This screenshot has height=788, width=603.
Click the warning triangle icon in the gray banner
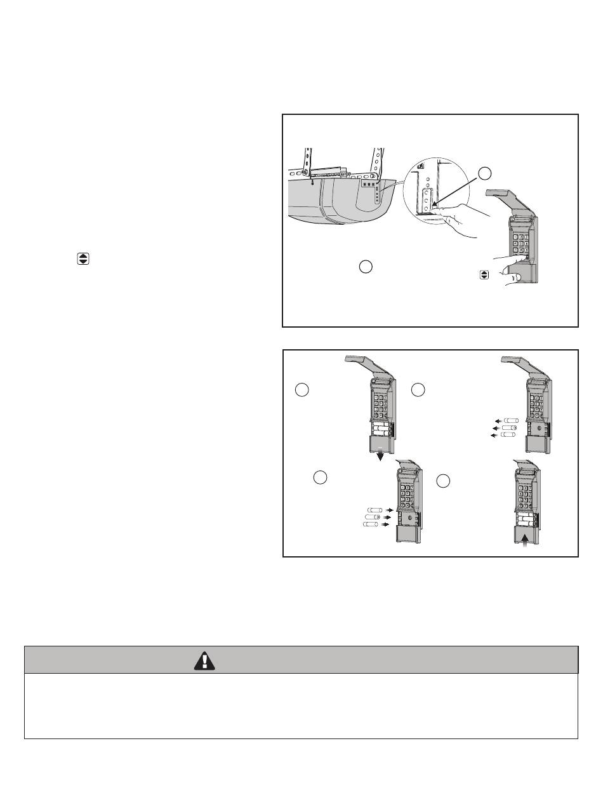point(205,661)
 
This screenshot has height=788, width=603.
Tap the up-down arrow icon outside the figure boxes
point(83,259)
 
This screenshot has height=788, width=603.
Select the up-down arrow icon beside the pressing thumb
point(484,275)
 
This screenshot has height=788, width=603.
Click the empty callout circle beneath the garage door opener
point(364,267)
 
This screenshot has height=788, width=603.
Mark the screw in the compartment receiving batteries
point(410,519)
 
